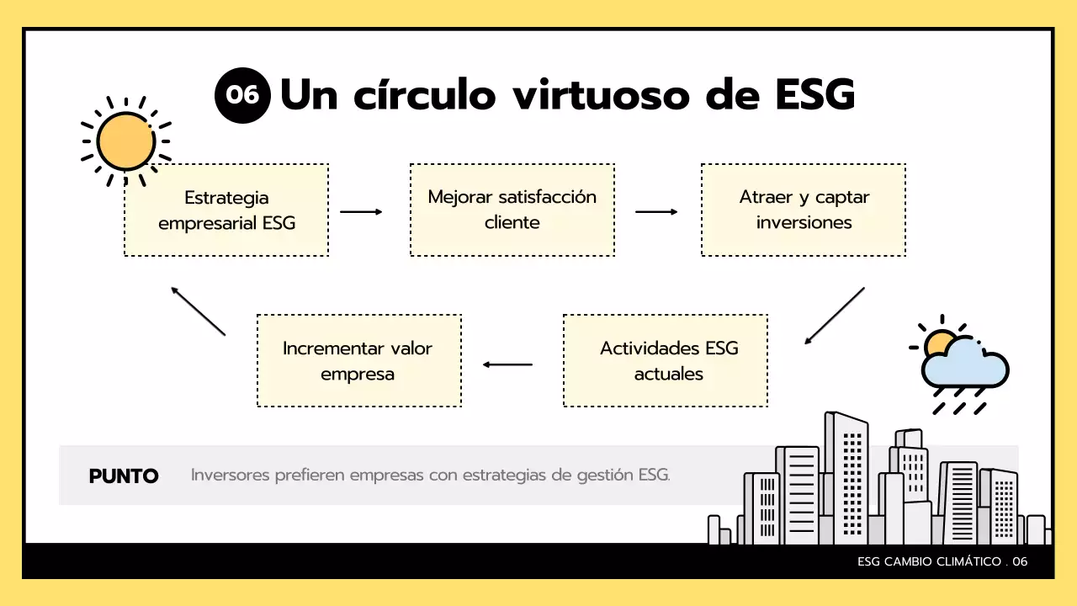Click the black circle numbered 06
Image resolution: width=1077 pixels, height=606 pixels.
(242, 95)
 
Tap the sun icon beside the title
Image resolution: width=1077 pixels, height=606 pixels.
(126, 141)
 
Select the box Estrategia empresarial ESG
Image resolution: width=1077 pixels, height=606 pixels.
(226, 210)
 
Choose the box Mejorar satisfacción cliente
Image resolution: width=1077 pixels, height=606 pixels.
(512, 210)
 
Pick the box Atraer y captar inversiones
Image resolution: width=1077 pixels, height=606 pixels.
(804, 210)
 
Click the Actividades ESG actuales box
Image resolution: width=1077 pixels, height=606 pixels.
(665, 360)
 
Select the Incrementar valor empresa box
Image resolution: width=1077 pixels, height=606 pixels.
(358, 360)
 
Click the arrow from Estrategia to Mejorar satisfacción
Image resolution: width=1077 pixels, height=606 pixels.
(361, 212)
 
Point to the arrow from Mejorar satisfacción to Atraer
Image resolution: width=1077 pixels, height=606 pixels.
(656, 212)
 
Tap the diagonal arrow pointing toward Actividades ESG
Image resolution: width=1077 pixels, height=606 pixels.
(834, 316)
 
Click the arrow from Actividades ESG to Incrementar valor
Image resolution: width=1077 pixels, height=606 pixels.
(508, 364)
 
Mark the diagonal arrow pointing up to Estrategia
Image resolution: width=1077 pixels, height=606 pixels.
(199, 311)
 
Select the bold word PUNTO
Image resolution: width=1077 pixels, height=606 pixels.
(124, 476)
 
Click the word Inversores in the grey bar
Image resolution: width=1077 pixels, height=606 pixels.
(230, 475)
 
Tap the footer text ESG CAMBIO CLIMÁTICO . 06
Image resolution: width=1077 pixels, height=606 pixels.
(942, 561)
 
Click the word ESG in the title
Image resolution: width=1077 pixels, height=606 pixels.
(813, 95)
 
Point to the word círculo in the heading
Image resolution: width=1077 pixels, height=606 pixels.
(426, 95)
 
